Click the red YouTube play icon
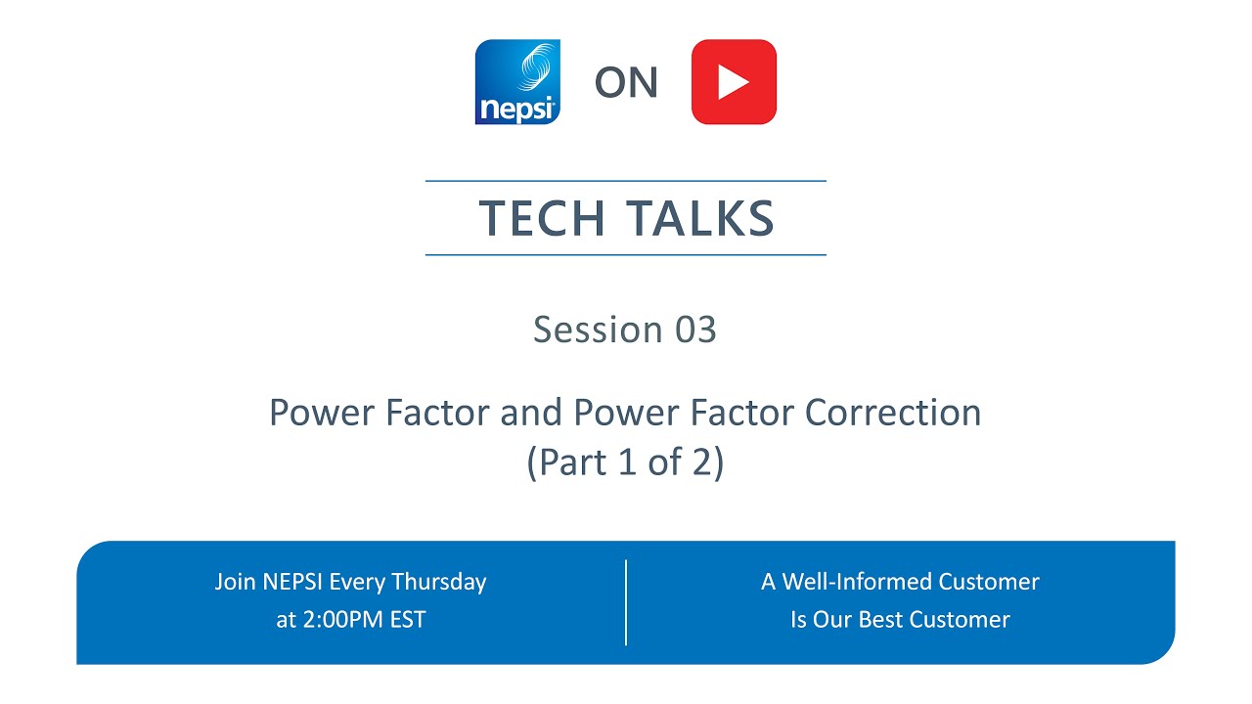coord(734,82)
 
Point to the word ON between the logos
coord(626,83)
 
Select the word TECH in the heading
coord(541,218)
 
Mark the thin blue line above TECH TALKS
coord(626,181)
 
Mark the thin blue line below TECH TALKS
coord(626,255)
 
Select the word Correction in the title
coord(893,413)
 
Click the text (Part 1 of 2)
coord(626,462)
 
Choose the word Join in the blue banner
coord(236,582)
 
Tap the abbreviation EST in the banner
coord(406,620)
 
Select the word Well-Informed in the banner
coord(857,582)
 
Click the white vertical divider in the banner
coord(626,602)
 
